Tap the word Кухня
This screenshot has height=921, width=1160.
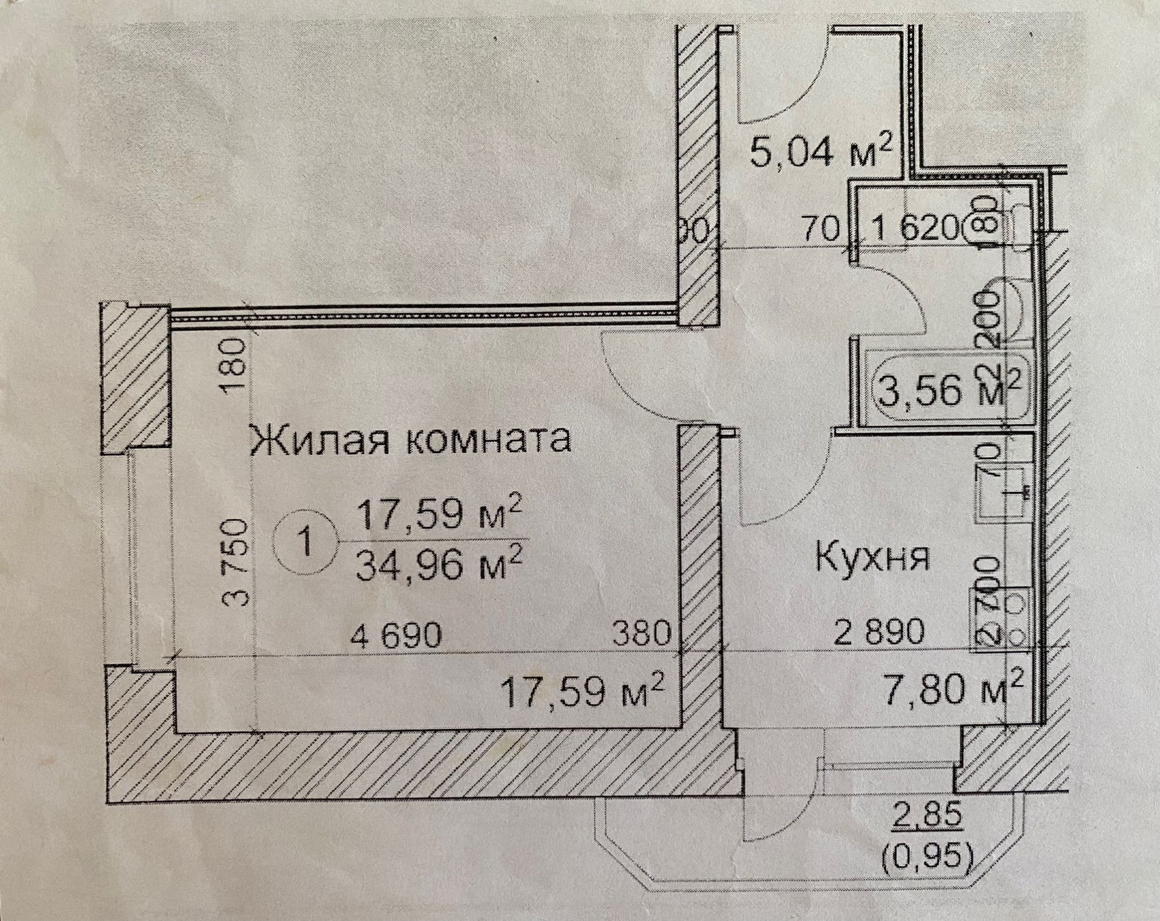pyautogui.click(x=872, y=559)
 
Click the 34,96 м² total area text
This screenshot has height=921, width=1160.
pyautogui.click(x=439, y=565)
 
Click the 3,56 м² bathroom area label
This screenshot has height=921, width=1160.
pyautogui.click(x=946, y=390)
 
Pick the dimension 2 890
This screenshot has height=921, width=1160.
pyautogui.click(x=879, y=632)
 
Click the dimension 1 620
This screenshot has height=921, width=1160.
pyautogui.click(x=915, y=230)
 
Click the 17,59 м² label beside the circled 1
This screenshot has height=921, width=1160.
pyautogui.click(x=439, y=515)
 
